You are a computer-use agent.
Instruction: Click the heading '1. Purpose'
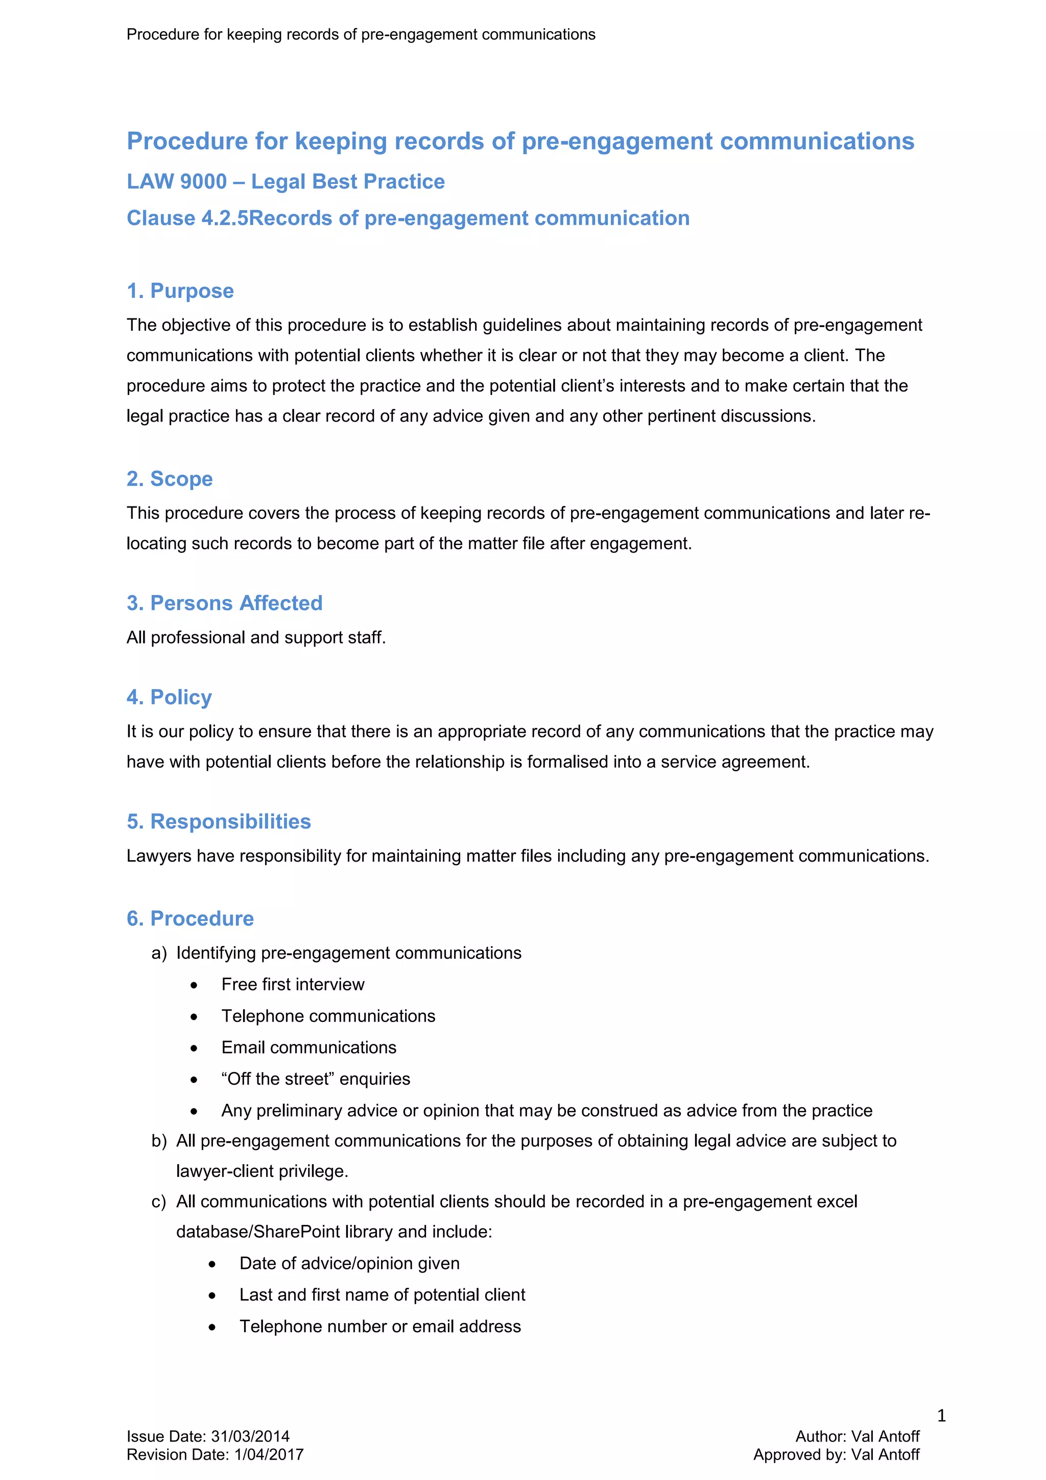pos(180,291)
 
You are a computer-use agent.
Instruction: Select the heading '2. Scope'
pos(170,479)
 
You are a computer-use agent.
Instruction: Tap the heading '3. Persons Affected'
pos(224,604)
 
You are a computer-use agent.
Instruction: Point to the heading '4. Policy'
pos(169,698)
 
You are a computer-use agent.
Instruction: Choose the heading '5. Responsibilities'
pos(219,822)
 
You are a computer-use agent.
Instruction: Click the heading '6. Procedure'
pos(190,918)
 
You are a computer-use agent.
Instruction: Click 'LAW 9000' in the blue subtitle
pos(177,182)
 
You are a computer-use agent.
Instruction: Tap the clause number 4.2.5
pos(225,219)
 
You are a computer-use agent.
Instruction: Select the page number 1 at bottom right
pos(941,1415)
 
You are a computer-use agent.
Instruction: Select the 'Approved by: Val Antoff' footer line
pos(836,1455)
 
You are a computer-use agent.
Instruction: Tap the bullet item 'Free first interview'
pos(293,984)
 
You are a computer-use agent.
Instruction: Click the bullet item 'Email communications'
pos(308,1048)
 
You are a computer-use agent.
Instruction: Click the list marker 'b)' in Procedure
pos(158,1141)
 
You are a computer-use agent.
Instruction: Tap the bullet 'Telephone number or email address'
pos(380,1327)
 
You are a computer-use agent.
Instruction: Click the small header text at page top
pos(361,35)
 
